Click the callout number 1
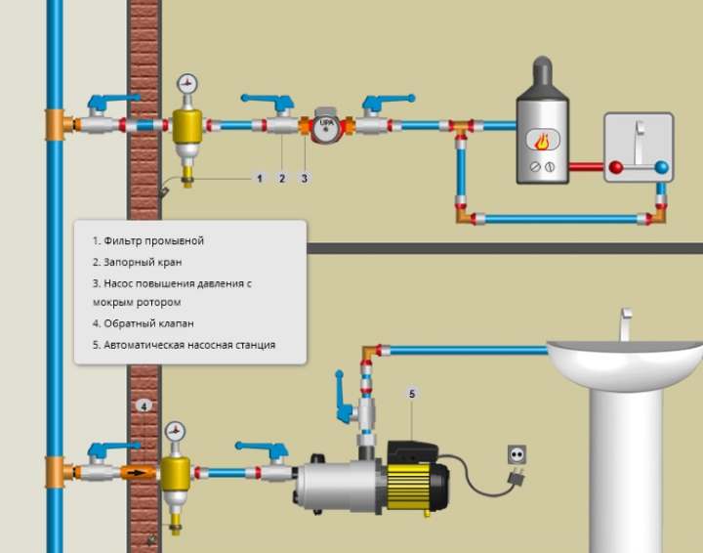coord(259,179)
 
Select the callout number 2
coord(282,179)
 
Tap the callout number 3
coord(305,179)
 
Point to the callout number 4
coord(144,406)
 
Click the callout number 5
coord(412,394)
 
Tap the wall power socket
coord(517,454)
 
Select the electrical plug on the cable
coord(517,477)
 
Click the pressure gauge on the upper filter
coord(186,84)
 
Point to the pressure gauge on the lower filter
coord(175,432)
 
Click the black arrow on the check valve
coord(138,472)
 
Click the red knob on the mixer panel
coord(616,167)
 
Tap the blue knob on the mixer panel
coord(661,167)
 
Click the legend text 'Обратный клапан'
coord(148,323)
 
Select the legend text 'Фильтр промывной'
coord(154,241)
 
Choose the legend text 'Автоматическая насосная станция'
coord(189,345)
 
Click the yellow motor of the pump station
coord(408,487)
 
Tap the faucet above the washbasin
coord(626,323)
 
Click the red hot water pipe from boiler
coord(587,167)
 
